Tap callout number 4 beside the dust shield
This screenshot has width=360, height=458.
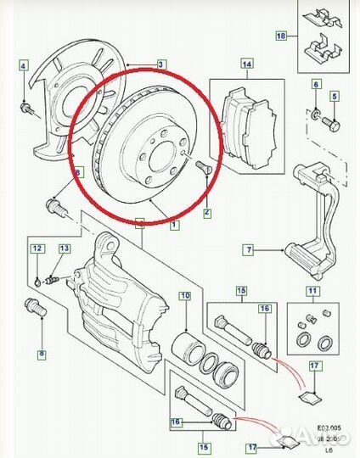point(24,65)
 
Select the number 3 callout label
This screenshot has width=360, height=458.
point(161,64)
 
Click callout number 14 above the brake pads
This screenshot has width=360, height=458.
point(247,64)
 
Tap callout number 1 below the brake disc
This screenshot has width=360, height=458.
point(175,225)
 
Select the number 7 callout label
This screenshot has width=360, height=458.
point(248,249)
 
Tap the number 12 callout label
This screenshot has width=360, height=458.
point(37,249)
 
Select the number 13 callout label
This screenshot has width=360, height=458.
point(64,249)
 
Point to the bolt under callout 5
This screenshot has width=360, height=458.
point(333,121)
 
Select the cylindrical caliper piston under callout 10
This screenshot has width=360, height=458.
point(187,349)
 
